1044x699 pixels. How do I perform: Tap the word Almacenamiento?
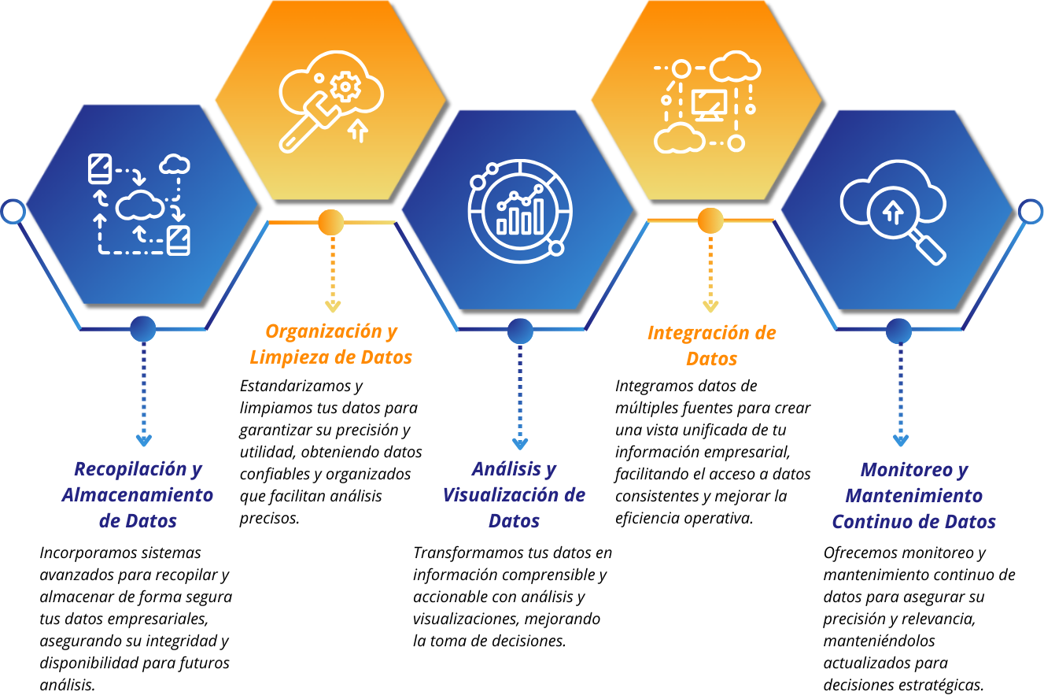[138, 495]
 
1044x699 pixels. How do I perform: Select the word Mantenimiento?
[913, 496]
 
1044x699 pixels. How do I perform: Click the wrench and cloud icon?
[330, 100]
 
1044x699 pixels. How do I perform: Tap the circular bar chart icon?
[519, 209]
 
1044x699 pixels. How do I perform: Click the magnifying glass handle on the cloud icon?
[930, 250]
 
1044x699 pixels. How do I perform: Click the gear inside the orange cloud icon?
[345, 87]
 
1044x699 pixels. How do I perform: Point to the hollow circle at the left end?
[13, 211]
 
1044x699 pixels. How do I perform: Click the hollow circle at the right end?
[1031, 211]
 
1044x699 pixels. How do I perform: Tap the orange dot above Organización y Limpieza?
[330, 222]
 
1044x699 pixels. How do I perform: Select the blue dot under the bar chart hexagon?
[520, 331]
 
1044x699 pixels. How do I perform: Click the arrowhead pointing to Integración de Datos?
[710, 306]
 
